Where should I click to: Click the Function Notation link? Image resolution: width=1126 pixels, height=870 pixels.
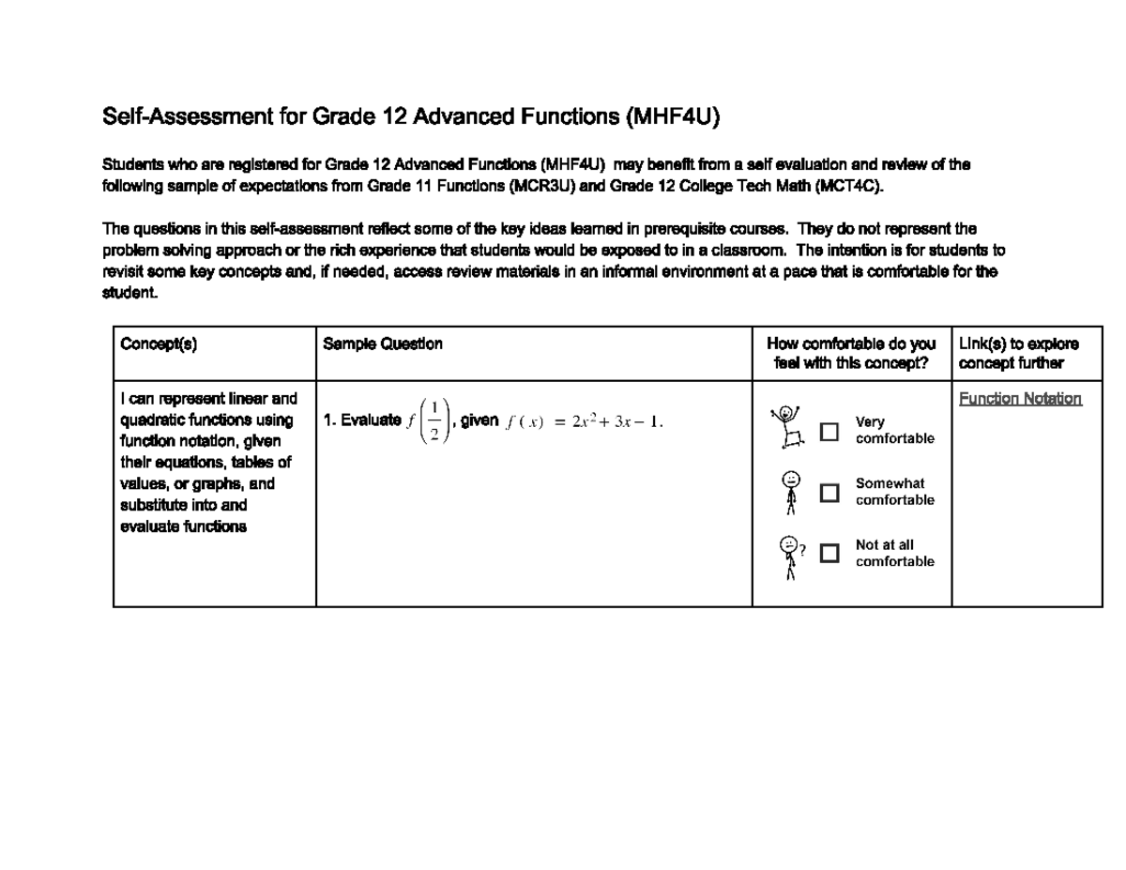coord(1019,399)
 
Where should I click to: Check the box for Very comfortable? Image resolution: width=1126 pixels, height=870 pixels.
coord(829,432)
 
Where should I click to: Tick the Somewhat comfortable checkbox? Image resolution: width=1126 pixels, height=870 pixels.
coord(829,493)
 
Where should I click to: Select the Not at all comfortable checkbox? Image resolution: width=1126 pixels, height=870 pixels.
coord(829,554)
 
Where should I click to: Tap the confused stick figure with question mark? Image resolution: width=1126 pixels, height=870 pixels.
coord(790,557)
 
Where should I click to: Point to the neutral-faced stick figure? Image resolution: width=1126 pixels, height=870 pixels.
coord(791,492)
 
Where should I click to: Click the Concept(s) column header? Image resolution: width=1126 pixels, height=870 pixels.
coord(159,344)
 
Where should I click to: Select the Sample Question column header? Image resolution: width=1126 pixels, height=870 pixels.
coord(383,344)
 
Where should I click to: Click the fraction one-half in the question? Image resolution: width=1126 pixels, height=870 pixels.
coord(434,421)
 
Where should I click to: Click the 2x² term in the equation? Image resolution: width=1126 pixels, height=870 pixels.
coord(586,421)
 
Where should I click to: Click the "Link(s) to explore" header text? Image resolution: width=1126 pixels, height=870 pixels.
coord(1018,344)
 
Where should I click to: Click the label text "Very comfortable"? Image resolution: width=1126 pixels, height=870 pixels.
coord(894,431)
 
